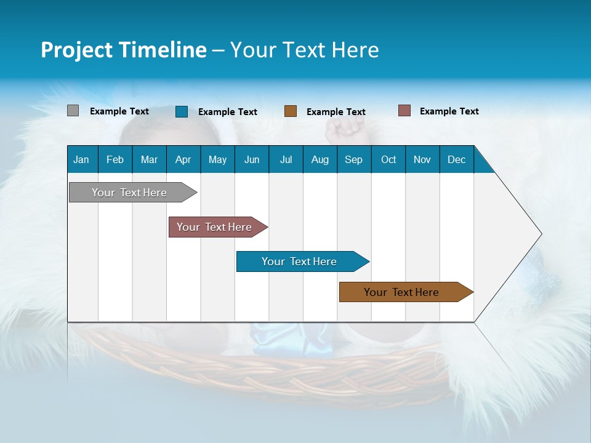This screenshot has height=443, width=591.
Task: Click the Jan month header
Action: (x=81, y=160)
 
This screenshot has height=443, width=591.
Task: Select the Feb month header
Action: (x=115, y=160)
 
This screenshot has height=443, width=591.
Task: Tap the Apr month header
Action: (x=183, y=160)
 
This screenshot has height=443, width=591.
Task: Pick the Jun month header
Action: (x=252, y=160)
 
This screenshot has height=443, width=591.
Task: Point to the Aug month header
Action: (x=320, y=160)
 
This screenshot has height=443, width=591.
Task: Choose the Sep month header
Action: (x=354, y=160)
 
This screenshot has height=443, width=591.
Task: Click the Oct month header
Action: (x=388, y=160)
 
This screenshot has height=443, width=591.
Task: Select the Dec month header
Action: (x=457, y=160)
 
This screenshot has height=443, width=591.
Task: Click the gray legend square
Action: (x=73, y=111)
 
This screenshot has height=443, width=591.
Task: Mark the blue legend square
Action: (x=182, y=111)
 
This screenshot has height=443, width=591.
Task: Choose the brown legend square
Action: (x=291, y=111)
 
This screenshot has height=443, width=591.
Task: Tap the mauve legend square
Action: (x=404, y=111)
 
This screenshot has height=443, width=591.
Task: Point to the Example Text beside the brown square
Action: (x=336, y=112)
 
